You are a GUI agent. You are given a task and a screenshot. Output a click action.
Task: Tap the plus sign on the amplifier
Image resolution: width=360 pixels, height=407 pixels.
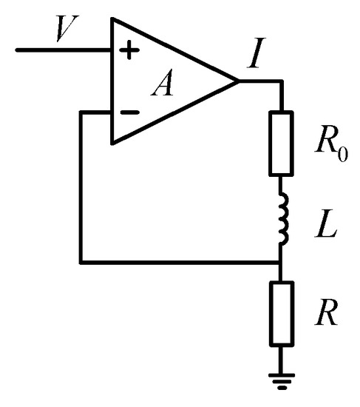[129, 51]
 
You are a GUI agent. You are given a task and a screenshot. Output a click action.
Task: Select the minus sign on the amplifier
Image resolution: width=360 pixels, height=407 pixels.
[129, 113]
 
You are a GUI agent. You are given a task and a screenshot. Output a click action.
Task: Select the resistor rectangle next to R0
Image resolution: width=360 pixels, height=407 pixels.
[282, 142]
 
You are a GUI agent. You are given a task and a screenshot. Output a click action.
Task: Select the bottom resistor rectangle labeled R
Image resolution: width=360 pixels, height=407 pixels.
[282, 313]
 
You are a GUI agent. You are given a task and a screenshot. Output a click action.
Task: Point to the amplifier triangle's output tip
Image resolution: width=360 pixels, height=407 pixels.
[237, 81]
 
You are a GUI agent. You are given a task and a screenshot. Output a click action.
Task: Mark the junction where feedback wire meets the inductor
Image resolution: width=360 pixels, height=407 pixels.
[282, 262]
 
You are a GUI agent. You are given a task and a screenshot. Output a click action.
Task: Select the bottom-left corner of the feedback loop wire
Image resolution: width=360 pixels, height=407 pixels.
[81, 262]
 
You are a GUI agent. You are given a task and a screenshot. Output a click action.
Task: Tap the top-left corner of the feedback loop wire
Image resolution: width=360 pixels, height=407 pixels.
[81, 112]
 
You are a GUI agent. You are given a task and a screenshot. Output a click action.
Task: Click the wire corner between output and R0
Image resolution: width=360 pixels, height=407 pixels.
[282, 81]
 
